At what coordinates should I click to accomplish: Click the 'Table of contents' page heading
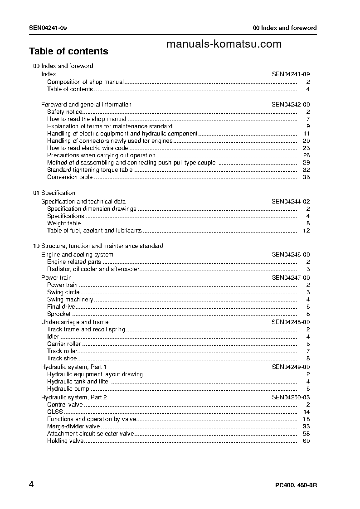point(68,51)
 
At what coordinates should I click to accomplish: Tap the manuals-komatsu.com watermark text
point(224,44)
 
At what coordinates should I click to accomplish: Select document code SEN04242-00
point(291,104)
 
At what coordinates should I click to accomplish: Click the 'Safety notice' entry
point(65,111)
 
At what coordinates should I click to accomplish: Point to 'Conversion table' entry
point(70,177)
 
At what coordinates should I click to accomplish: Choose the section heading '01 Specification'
point(54,193)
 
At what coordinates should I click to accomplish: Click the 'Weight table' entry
point(64,223)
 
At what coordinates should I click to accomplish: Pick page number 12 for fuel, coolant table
point(306,231)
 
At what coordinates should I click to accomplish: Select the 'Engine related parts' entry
point(74,262)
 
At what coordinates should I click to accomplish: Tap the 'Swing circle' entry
point(63,292)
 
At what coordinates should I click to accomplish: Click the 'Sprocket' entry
point(59,314)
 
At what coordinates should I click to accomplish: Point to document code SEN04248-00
point(291,322)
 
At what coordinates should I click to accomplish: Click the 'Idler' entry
point(53,336)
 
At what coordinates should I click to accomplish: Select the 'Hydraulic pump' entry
point(68,389)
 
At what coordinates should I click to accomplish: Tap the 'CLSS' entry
point(55,412)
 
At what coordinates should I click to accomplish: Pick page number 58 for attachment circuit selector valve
point(306,434)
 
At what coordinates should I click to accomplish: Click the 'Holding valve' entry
point(65,441)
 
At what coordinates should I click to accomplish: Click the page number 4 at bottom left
point(31,485)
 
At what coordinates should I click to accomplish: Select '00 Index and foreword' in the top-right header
point(285,28)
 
